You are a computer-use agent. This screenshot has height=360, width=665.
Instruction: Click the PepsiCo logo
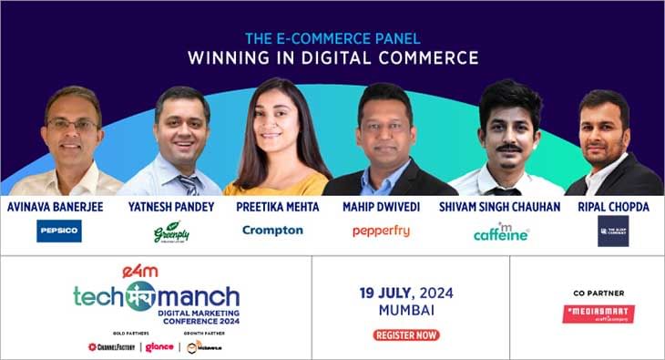(59, 231)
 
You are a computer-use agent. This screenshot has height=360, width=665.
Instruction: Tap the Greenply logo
(170, 231)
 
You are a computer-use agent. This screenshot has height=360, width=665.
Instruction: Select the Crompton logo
(272, 231)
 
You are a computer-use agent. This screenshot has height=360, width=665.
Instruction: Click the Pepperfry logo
(381, 231)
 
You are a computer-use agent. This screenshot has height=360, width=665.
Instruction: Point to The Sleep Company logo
(613, 231)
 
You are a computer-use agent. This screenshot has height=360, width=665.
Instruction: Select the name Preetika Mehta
(277, 206)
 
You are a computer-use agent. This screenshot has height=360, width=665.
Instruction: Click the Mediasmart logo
(598, 314)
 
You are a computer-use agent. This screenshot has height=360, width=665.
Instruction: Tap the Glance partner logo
(159, 346)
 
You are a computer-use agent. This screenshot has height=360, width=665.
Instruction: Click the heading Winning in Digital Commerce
(332, 58)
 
